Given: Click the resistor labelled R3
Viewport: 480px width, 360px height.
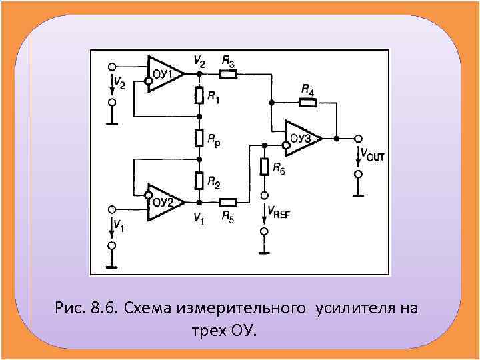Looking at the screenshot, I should click(229, 73).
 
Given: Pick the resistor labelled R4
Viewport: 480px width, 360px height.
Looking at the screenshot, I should click(307, 103).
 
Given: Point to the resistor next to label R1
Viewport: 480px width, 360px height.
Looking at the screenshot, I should click(199, 96).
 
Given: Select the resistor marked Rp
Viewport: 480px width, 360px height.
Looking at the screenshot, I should click(199, 138).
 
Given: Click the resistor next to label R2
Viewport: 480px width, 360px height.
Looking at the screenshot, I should click(199, 180).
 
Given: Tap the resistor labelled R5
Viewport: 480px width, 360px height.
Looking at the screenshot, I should click(228, 201).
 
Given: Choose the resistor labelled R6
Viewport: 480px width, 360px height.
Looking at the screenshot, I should click(265, 167).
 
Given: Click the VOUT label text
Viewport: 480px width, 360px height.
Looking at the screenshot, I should click(372, 155).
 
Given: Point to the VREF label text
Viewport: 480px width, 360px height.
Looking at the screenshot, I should click(278, 213).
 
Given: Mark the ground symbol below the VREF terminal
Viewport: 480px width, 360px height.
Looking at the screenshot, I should click(265, 252).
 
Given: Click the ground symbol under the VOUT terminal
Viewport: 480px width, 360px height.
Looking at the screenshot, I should click(358, 195).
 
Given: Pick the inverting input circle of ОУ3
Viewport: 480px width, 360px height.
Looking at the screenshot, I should click(285, 144).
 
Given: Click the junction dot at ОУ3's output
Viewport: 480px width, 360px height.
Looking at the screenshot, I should click(337, 139).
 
